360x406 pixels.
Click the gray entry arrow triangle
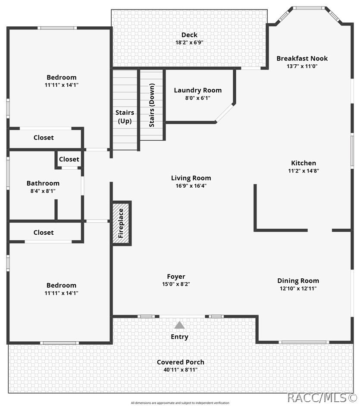click(179, 325)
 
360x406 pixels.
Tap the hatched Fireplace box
click(121, 223)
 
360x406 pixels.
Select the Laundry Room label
click(198, 90)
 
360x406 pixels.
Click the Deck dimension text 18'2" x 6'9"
click(189, 42)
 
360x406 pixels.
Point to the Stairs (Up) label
click(125, 116)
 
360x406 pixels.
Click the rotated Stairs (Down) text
click(152, 105)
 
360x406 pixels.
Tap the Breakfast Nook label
click(302, 59)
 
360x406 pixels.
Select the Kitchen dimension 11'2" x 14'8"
click(304, 170)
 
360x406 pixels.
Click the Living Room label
click(191, 178)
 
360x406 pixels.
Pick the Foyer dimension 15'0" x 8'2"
click(176, 284)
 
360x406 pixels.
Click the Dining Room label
click(298, 281)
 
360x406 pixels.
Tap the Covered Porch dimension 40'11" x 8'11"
click(180, 370)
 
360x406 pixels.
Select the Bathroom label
click(43, 183)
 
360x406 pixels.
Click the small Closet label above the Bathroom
click(69, 159)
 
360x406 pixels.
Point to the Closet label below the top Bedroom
click(44, 138)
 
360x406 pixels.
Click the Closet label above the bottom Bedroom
click(44, 233)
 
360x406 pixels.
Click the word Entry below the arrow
click(179, 337)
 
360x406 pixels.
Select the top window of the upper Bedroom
click(57, 28)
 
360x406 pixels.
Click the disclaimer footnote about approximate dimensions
click(180, 403)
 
